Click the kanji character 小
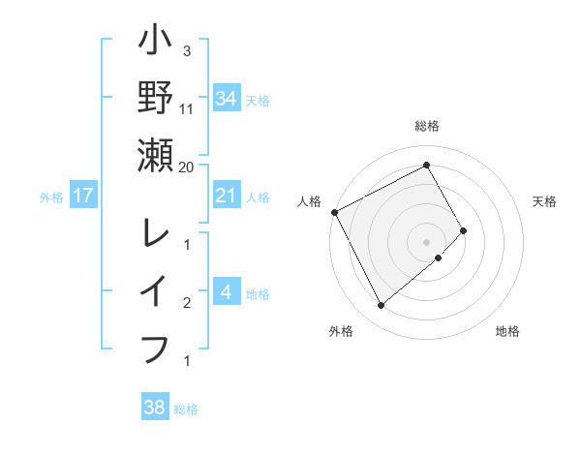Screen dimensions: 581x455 coord(155,44)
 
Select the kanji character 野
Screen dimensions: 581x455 coord(155,97)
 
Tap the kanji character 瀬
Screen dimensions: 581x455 coord(155,155)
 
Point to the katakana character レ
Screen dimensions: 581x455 coord(155,232)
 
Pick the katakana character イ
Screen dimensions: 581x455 coord(155,290)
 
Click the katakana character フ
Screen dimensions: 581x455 coord(155,347)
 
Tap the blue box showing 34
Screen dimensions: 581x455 coord(226,98)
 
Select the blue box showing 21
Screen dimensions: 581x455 coord(226,197)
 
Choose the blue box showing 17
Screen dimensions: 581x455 coord(84,197)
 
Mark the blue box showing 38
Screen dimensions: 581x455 coord(155,408)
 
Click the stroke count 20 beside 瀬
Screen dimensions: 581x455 coord(187,167)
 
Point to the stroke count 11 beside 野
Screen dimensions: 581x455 coord(187,108)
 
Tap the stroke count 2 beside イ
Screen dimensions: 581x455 coord(187,303)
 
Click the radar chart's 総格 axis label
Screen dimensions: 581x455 coord(427,126)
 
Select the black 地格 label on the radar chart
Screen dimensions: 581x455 coord(507,331)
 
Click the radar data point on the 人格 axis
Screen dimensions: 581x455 coord(334,212)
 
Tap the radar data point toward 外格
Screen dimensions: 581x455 coord(381,306)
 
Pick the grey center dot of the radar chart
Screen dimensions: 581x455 coord(426,241)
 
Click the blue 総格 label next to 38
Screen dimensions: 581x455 coord(186,409)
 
